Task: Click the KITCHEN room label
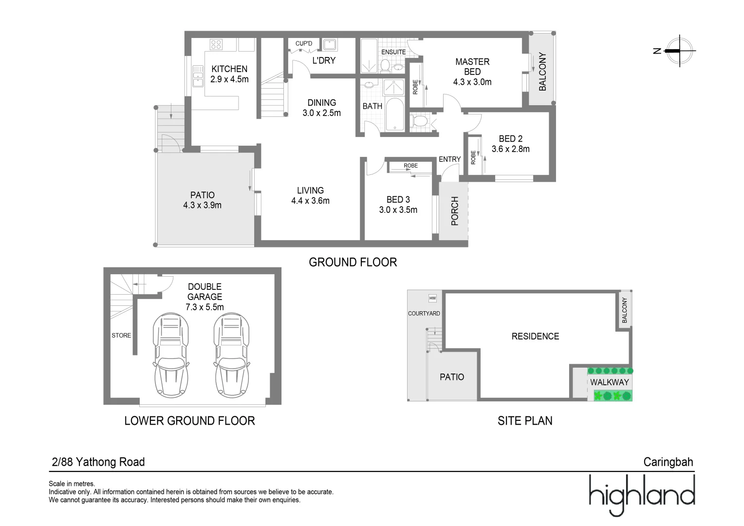(x=229, y=69)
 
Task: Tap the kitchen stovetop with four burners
(x=216, y=45)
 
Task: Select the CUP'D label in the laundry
(x=304, y=44)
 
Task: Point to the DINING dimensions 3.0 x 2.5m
(x=321, y=113)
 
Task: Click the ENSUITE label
(x=393, y=52)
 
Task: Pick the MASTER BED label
(x=472, y=67)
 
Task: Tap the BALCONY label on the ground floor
(x=542, y=72)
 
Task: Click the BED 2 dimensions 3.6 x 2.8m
(x=510, y=149)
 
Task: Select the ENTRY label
(x=449, y=159)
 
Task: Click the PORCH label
(x=455, y=211)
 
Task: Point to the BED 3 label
(x=398, y=200)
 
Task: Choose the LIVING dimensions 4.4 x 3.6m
(x=310, y=201)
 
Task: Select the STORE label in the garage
(x=121, y=336)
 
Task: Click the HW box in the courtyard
(x=432, y=298)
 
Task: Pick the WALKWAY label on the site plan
(x=609, y=382)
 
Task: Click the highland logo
(x=642, y=494)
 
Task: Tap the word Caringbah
(x=668, y=462)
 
